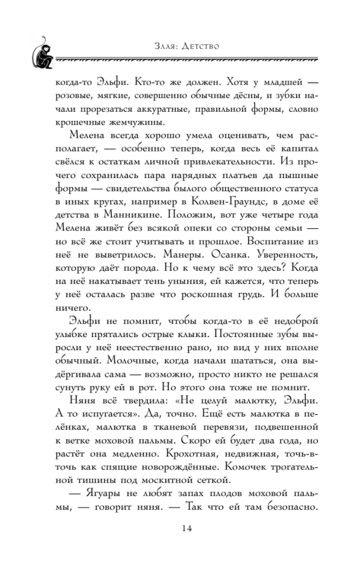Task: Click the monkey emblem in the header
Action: pos(42,52)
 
